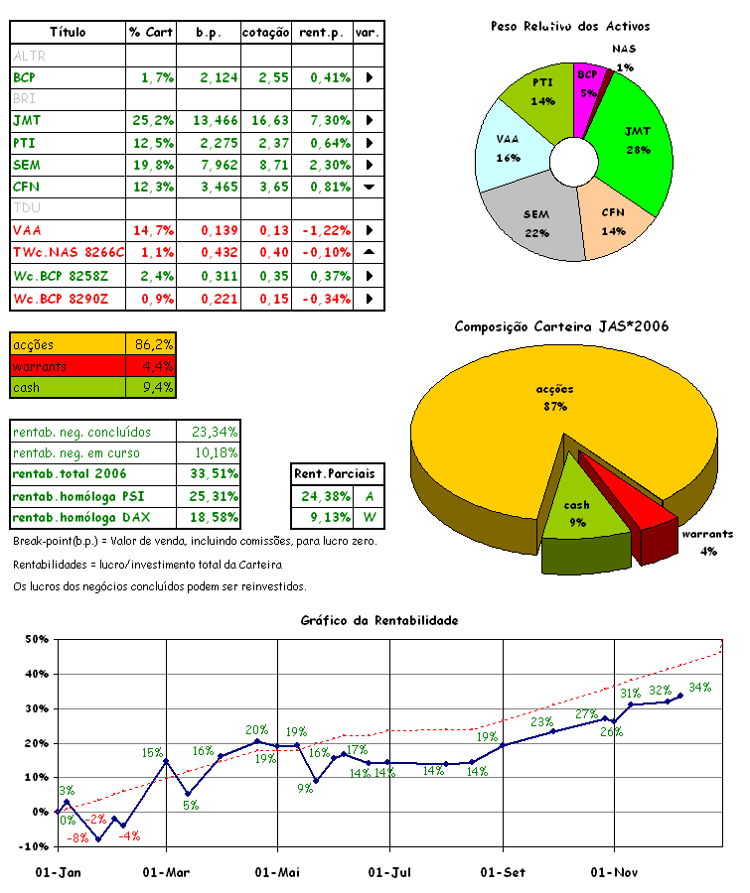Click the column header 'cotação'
[265, 33]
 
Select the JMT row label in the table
[21, 120]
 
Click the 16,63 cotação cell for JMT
[265, 120]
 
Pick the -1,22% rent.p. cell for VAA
[322, 230]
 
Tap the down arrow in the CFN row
[369, 187]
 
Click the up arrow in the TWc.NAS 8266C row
[369, 252]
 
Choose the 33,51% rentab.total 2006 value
[209, 473]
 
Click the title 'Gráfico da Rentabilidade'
[379, 620]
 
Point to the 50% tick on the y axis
[37, 640]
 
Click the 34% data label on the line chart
[699, 687]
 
